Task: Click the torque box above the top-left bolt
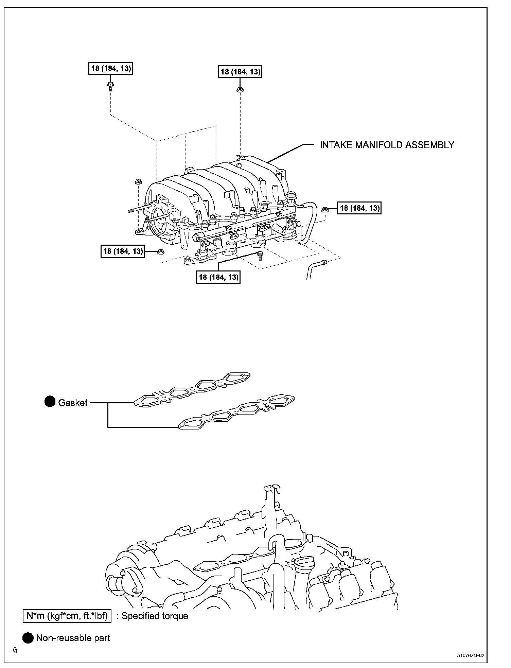pos(111,68)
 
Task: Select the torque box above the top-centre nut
pos(240,72)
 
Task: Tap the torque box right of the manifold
pos(359,208)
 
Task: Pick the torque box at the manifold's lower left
pos(123,251)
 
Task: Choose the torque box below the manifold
pos(218,277)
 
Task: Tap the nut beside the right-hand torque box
pos(324,209)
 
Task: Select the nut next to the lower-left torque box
pos(160,252)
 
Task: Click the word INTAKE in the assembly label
pos(336,145)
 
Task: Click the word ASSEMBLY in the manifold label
pos(430,145)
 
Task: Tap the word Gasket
pos(73,403)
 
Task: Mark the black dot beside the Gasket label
pos(50,402)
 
